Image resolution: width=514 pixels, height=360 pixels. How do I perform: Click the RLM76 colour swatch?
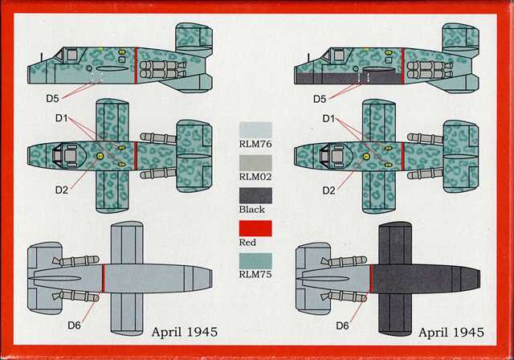click(255, 130)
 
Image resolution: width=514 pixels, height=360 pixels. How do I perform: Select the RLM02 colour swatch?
click(255, 163)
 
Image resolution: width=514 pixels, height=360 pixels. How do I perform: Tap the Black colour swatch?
click(255, 195)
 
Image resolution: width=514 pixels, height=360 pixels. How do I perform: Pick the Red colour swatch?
click(255, 228)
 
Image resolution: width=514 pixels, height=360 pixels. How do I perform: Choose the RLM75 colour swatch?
click(255, 261)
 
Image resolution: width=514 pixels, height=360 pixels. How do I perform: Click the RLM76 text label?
click(255, 144)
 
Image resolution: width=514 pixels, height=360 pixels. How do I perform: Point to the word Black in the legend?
click(251, 209)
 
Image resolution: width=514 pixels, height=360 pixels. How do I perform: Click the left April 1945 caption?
click(185, 332)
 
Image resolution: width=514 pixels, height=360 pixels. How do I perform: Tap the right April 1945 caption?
click(451, 332)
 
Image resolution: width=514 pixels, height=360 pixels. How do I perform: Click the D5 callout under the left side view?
click(52, 98)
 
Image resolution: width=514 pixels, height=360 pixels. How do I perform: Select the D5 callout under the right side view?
click(320, 99)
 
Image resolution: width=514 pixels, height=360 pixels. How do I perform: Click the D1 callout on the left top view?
click(61, 118)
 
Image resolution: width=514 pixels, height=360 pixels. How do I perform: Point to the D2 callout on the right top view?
click(328, 190)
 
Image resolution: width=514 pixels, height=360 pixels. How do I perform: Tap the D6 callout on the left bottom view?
click(74, 325)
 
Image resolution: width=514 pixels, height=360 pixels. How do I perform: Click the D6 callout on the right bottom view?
click(343, 325)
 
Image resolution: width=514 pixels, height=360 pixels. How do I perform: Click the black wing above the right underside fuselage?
click(395, 243)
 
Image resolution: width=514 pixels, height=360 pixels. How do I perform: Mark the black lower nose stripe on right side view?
click(349, 79)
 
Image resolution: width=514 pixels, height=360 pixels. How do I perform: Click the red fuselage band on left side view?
click(136, 66)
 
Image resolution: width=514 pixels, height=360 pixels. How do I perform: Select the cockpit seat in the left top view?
click(71, 156)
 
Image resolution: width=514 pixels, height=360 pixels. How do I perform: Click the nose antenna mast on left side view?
click(42, 57)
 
